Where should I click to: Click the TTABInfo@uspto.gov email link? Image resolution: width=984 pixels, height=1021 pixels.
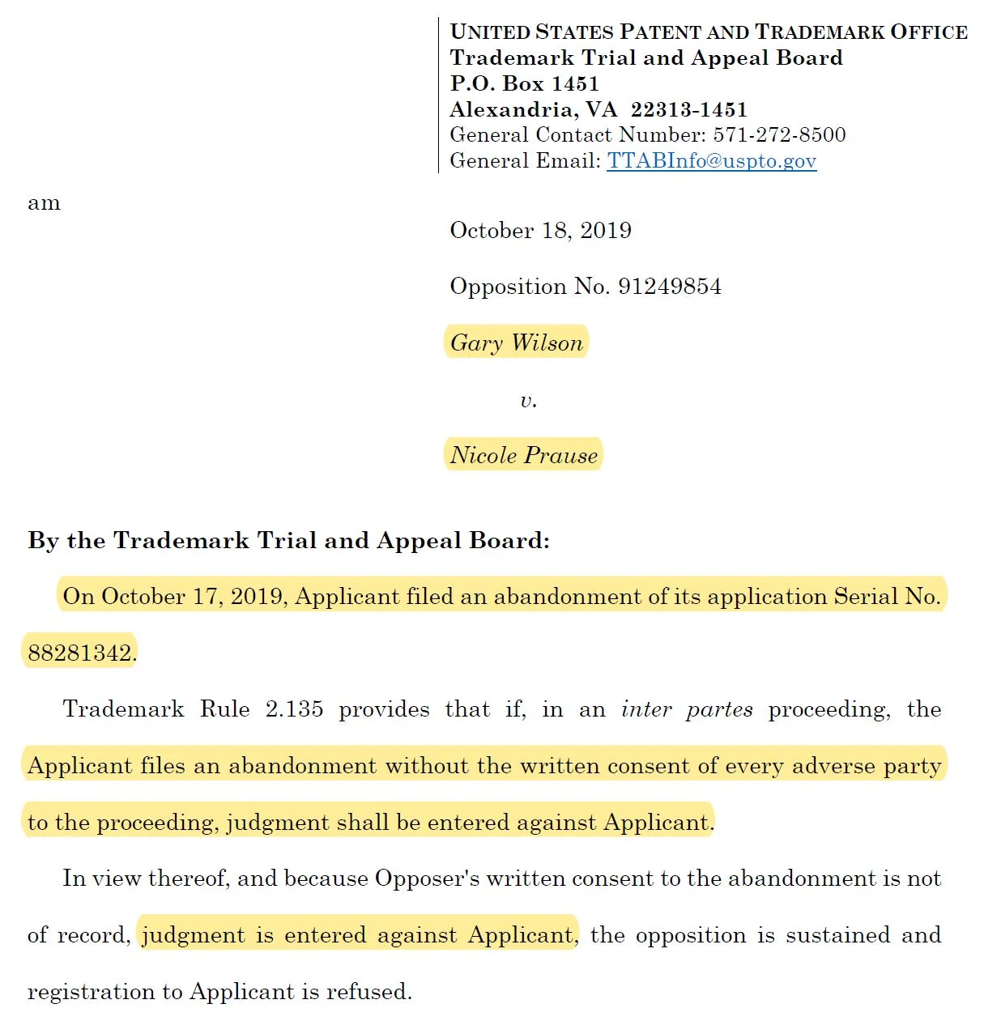click(711, 160)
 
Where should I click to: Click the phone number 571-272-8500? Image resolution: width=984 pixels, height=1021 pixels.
click(779, 134)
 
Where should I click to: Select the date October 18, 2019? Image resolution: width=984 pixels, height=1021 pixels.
click(540, 231)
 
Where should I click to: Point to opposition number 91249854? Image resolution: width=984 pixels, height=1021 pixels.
click(669, 287)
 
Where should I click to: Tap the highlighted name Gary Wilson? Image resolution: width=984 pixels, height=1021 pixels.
click(516, 343)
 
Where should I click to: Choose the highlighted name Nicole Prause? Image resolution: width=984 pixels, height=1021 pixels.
click(523, 455)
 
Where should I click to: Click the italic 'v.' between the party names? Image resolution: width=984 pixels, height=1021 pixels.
click(528, 400)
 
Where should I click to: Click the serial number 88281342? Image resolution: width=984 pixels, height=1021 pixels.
click(79, 653)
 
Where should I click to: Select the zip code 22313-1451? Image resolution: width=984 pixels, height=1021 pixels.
click(688, 109)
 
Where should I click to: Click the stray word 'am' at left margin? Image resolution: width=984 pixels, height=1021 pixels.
click(44, 203)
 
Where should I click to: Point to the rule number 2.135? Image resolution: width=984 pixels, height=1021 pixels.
click(294, 709)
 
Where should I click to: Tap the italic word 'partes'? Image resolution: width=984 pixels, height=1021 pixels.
click(719, 709)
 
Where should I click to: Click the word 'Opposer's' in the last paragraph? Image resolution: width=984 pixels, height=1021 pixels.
click(427, 878)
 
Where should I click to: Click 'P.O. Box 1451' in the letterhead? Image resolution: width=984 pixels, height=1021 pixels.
click(524, 83)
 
